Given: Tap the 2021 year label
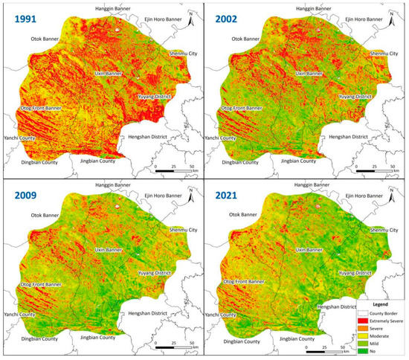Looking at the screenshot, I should pyautogui.click(x=233, y=198).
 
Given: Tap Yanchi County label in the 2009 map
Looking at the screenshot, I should pyautogui.click(x=18, y=316).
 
